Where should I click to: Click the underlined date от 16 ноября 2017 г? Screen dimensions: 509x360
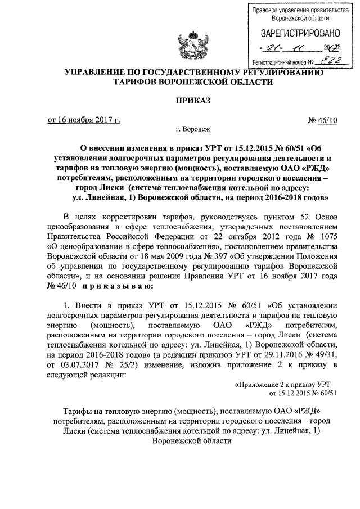83,120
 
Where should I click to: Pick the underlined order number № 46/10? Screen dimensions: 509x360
323,120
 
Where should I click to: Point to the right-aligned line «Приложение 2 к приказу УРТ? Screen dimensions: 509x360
285,384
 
